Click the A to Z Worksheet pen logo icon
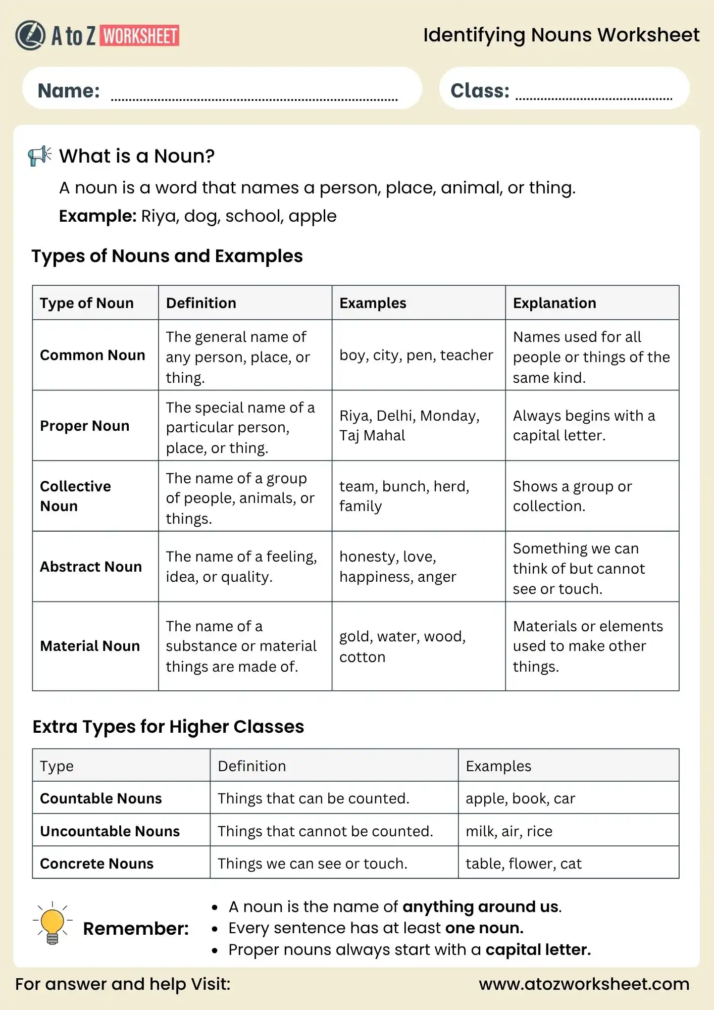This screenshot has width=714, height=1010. tap(30, 35)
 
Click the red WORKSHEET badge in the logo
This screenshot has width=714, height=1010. tap(140, 36)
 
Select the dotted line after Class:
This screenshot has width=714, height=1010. tap(594, 98)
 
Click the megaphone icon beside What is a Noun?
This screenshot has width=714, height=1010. tap(40, 156)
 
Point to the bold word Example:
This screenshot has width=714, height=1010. tap(97, 216)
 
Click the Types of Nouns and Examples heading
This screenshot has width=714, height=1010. tap(167, 256)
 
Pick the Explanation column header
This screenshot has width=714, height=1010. tap(554, 303)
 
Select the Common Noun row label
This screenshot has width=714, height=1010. tap(92, 355)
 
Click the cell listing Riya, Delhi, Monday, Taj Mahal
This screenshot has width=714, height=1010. tap(409, 425)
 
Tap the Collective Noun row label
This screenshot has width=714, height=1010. tap(75, 496)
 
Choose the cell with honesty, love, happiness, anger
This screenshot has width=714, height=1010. tap(397, 567)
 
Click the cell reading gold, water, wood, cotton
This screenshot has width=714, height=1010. tap(402, 646)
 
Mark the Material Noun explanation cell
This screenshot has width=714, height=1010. tap(588, 646)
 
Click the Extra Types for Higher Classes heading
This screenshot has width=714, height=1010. tap(168, 727)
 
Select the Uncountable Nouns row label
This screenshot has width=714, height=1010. tap(110, 831)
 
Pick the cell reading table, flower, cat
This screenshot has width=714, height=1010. tap(524, 864)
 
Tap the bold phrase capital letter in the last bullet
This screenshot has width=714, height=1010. tap(538, 950)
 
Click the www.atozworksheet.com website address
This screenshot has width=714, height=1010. tap(584, 984)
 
